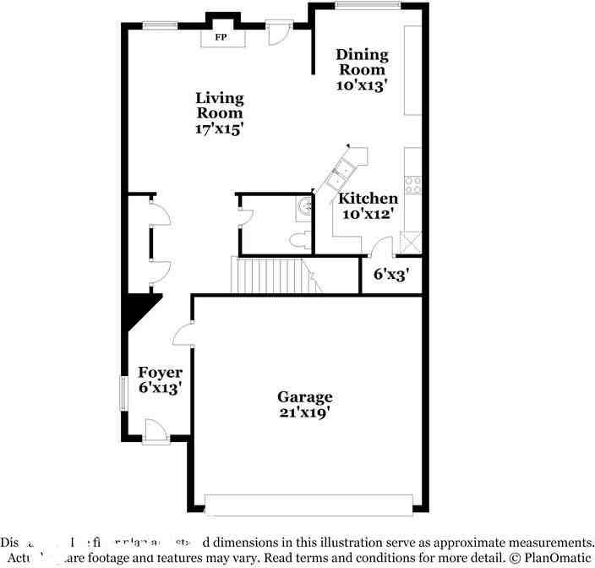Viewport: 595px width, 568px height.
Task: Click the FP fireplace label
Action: click(x=221, y=38)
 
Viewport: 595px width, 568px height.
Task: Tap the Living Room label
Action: click(x=220, y=105)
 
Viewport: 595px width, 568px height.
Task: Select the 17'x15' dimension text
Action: click(x=220, y=128)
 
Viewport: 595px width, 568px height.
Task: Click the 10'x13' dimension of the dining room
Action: click(x=363, y=85)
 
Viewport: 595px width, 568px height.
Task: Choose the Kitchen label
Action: click(x=368, y=199)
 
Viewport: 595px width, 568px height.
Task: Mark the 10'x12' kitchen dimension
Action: click(x=368, y=215)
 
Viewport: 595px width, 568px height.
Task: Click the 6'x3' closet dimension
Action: click(x=391, y=274)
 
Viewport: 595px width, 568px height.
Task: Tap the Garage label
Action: click(x=305, y=396)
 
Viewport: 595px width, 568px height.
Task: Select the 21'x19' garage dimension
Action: click(x=305, y=412)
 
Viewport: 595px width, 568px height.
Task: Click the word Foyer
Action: click(x=161, y=372)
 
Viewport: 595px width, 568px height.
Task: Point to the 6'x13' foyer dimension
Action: click(x=161, y=388)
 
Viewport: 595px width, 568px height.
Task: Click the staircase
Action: click(x=269, y=275)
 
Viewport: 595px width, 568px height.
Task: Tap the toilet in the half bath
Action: click(x=297, y=240)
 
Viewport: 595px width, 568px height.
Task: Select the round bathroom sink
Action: click(x=305, y=205)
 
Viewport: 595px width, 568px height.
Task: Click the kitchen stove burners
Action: click(x=413, y=183)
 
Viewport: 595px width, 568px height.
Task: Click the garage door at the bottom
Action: click(x=308, y=505)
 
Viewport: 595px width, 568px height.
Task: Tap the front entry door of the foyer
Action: click(x=156, y=431)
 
